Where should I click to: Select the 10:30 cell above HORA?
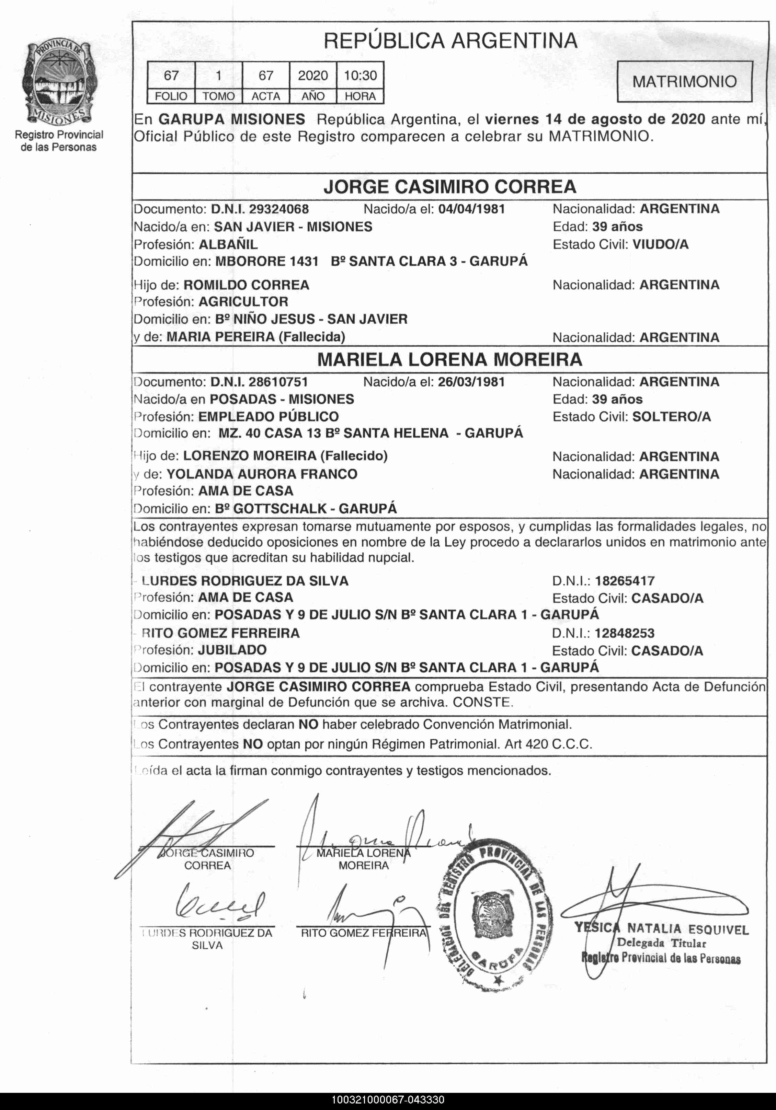[x=360, y=76]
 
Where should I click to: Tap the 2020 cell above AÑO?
[x=312, y=76]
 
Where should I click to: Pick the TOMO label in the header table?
[x=218, y=96]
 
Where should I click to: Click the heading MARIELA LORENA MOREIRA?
[x=450, y=360]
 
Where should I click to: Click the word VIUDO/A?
[x=660, y=244]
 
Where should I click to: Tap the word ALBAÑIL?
[x=228, y=244]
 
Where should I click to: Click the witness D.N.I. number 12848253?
[x=624, y=633]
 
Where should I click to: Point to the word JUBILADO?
[x=232, y=650]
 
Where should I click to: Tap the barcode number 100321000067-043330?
[x=388, y=1100]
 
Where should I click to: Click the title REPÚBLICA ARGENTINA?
[x=450, y=41]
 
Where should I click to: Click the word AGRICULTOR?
[x=243, y=302]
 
